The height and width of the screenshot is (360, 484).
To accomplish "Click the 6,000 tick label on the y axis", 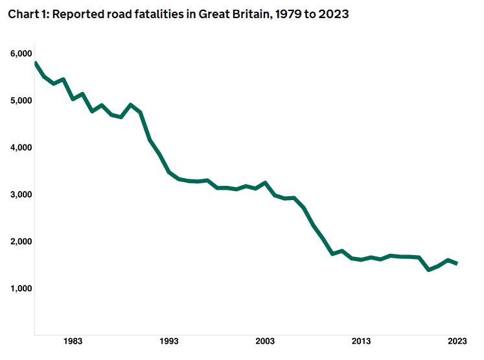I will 22,54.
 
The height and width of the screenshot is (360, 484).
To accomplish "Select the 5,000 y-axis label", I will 22,100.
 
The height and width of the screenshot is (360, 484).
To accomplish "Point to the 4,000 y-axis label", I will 22,148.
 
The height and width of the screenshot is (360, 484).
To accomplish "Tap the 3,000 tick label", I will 22,194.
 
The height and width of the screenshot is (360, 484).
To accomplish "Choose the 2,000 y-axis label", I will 22,242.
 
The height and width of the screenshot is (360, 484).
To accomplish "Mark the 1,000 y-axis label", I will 22,288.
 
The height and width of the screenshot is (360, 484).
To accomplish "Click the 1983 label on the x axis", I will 73,341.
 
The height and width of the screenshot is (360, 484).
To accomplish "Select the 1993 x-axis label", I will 169,341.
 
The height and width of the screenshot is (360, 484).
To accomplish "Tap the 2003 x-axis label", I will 265,341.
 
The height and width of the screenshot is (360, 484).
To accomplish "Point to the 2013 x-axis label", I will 361,341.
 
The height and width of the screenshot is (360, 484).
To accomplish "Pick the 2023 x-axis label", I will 457,341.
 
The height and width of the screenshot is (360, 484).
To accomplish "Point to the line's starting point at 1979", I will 35,63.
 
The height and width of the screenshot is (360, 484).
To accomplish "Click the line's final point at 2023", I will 457,264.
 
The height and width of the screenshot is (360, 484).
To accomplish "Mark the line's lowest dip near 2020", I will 428,269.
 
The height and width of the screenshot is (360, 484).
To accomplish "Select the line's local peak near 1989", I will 131,105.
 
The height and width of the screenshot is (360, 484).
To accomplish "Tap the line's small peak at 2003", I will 265,183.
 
